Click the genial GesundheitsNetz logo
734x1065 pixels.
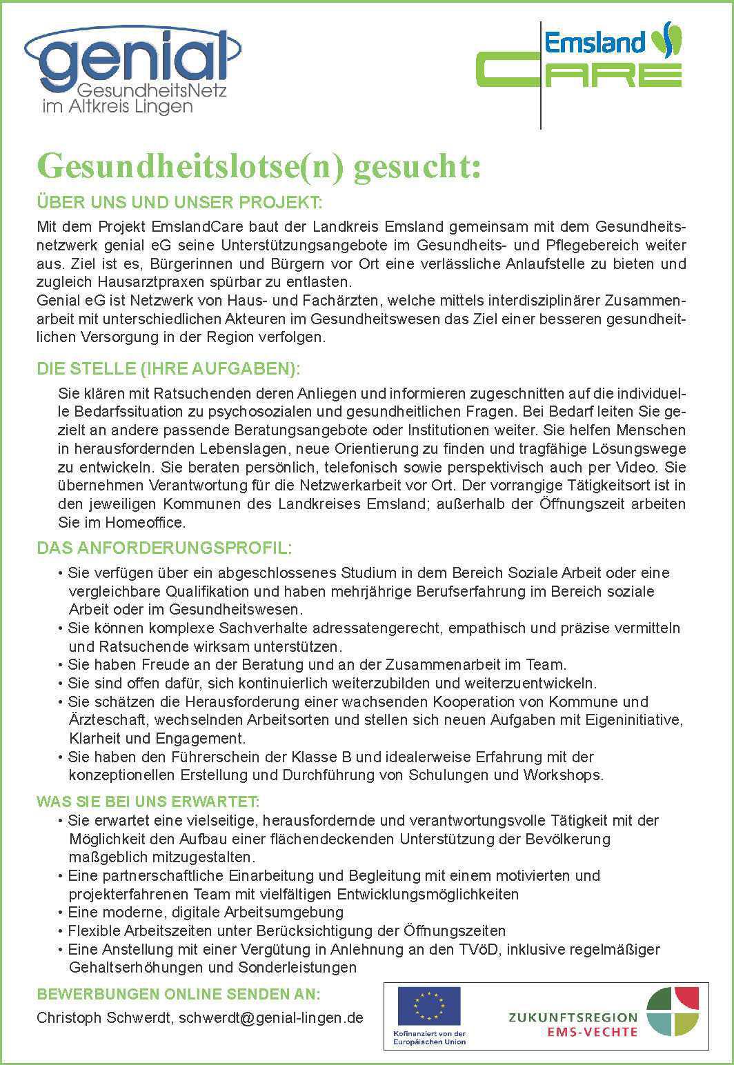(x=131, y=69)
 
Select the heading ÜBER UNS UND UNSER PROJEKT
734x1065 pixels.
(x=179, y=203)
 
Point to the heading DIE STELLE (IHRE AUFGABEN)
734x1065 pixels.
(x=168, y=369)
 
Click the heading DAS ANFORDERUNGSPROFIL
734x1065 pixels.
(x=164, y=548)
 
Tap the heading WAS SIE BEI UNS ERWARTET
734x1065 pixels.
(x=148, y=802)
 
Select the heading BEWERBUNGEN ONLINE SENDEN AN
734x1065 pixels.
(x=178, y=995)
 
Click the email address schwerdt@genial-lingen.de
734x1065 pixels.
(x=271, y=1018)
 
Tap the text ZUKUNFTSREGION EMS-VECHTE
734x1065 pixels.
(x=573, y=1024)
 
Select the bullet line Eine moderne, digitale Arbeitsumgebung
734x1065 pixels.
(x=206, y=913)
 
